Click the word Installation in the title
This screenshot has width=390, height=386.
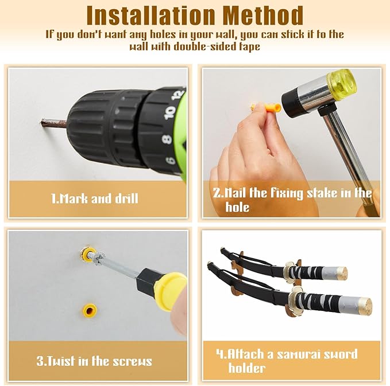[150, 15]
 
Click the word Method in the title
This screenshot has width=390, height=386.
[262, 15]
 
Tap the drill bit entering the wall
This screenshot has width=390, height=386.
[54, 123]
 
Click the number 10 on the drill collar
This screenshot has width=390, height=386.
[170, 112]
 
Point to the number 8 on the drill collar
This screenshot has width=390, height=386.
[167, 139]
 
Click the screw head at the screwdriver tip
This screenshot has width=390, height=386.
[98, 259]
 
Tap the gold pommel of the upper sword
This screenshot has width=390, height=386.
[342, 273]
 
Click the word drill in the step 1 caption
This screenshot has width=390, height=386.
[126, 198]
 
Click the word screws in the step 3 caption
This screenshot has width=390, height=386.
[132, 361]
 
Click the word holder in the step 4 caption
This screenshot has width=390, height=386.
[247, 368]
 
